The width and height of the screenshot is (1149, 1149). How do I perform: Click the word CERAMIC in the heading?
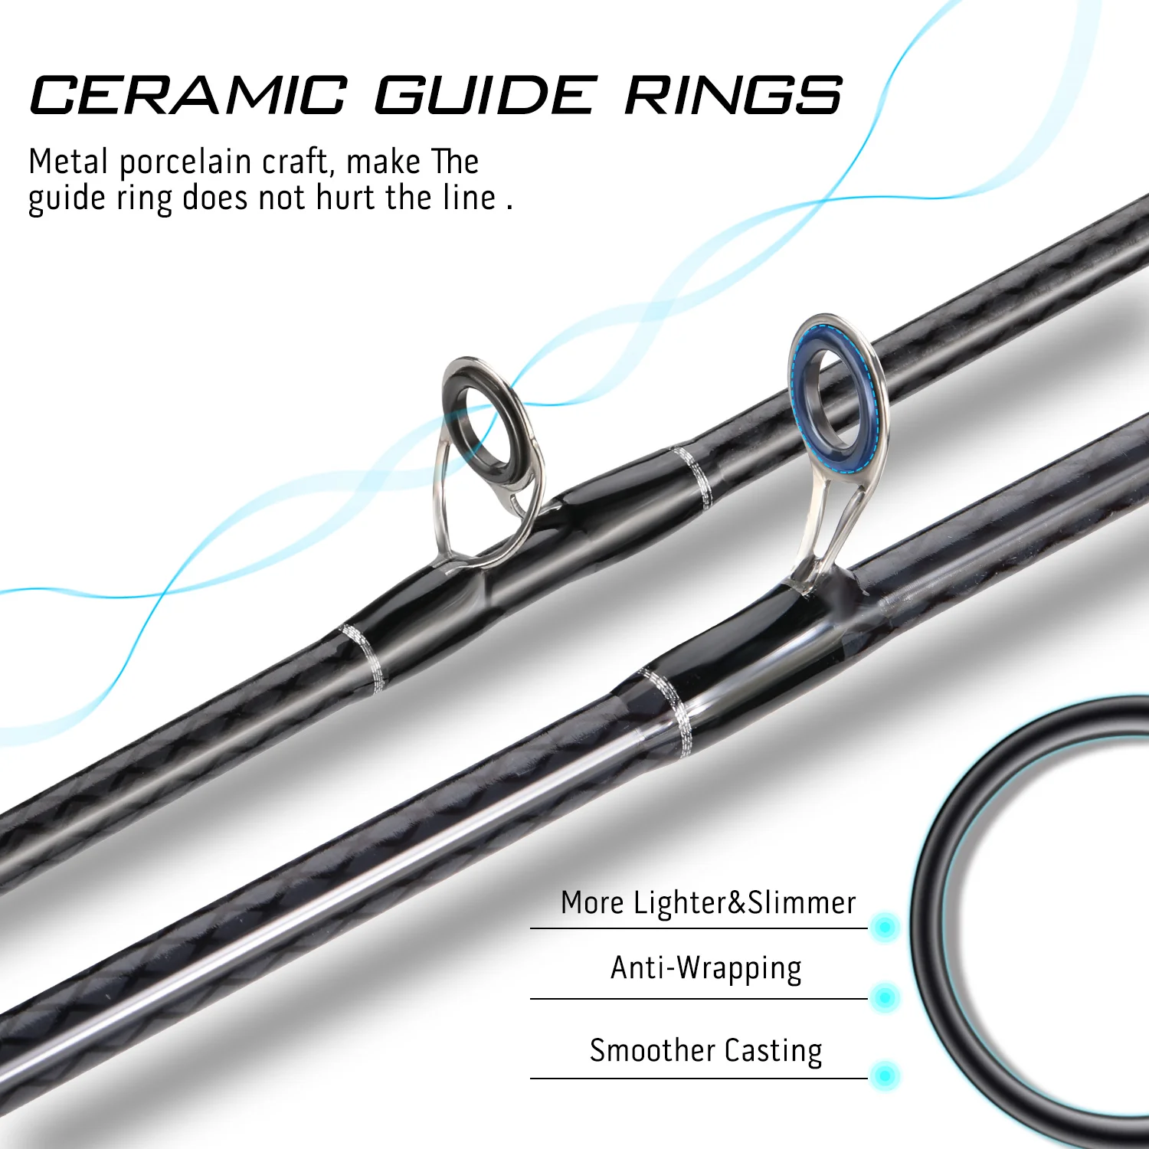188,95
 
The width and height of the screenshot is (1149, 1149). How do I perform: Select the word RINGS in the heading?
733,95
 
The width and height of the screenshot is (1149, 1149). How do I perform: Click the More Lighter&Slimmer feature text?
708,902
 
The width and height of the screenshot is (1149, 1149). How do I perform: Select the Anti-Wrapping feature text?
706,969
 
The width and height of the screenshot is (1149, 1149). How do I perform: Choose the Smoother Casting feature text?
706,1050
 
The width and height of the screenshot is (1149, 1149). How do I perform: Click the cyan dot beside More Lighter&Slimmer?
885,927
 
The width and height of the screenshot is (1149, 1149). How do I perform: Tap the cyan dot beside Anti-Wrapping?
885,997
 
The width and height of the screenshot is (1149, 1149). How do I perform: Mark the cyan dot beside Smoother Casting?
885,1075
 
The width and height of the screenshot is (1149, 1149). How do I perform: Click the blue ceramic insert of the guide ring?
800,398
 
